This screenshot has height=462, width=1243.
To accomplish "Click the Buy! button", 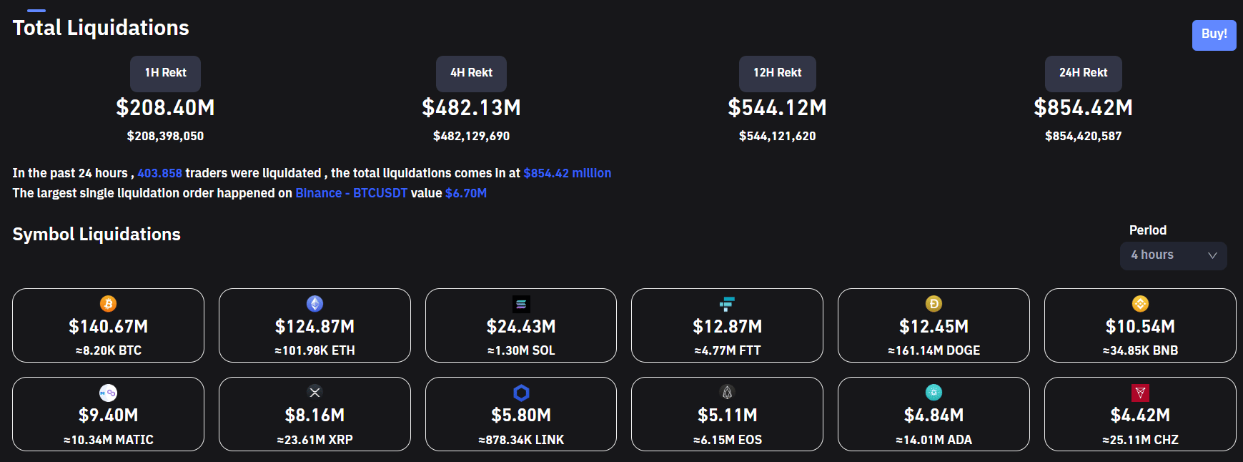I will [x=1214, y=34].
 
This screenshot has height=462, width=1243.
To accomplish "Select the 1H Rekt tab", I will [x=165, y=73].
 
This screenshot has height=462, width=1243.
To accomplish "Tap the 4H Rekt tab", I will [x=471, y=73].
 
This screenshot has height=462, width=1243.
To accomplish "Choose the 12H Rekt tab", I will [x=777, y=73].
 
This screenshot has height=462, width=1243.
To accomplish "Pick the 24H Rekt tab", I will [x=1083, y=73].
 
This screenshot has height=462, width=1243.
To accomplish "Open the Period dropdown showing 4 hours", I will [x=1173, y=255].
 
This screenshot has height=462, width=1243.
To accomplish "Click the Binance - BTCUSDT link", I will [x=351, y=193].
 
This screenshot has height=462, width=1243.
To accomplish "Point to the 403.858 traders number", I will [x=159, y=173].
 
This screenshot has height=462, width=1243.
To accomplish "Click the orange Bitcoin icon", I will [x=108, y=304].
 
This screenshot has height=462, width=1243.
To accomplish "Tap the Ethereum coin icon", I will [x=315, y=304].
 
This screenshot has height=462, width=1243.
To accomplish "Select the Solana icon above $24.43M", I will [x=521, y=304].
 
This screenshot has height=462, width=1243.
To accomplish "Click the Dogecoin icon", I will [x=934, y=304].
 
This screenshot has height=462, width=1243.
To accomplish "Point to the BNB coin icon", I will [x=1140, y=304].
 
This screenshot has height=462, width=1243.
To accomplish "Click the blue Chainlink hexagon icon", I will [x=521, y=393].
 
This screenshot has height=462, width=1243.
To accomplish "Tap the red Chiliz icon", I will [x=1140, y=393].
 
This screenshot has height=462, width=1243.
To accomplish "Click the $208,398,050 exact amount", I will [x=165, y=136].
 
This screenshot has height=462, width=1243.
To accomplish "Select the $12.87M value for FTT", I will [x=727, y=327].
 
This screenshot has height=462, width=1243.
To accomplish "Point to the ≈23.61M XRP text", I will [x=315, y=440].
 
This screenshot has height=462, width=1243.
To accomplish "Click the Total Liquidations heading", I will [x=101, y=28].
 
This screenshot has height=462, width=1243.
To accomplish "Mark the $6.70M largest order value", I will [x=465, y=193].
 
